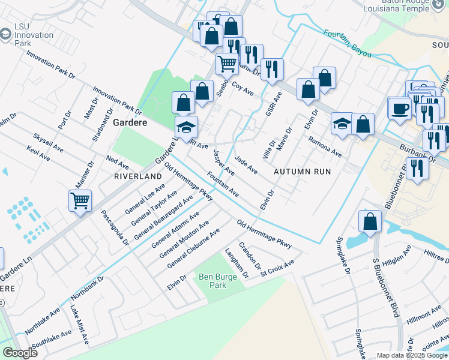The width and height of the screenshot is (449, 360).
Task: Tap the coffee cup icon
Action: point(399,109)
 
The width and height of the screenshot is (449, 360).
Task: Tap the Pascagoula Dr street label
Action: point(115,227)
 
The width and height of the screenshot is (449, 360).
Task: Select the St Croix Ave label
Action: point(277,265)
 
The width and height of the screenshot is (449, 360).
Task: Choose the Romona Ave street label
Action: point(325,147)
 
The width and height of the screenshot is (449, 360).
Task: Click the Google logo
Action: point(19,353)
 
